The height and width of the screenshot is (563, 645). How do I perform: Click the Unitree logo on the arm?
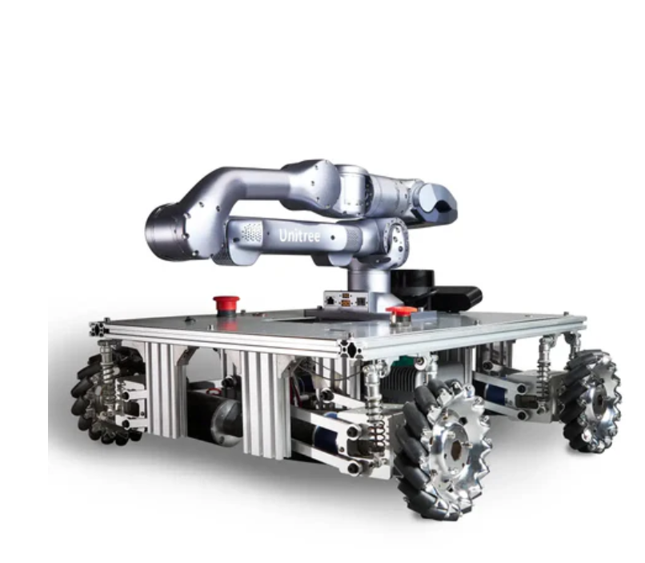pos(299,235)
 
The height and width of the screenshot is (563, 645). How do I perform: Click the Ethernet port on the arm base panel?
pos(330,300)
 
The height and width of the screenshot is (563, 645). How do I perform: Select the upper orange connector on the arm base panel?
pos(346,296)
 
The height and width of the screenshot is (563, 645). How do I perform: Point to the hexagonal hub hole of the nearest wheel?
pos(456,452)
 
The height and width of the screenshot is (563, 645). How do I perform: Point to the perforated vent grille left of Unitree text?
pos(251,232)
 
